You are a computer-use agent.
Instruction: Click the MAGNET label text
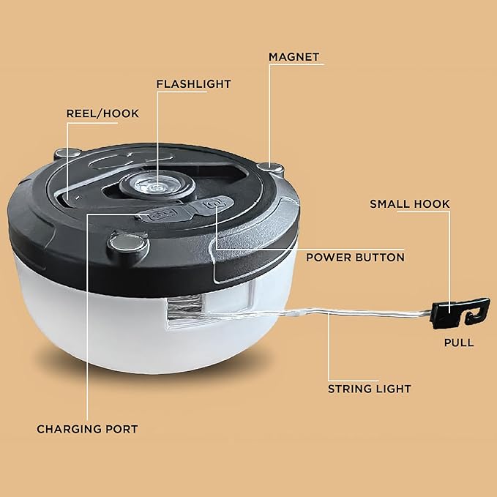294,57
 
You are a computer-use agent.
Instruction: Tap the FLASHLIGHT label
194,84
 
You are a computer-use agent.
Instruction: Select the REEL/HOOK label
102,113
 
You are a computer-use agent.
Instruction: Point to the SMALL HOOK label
410,203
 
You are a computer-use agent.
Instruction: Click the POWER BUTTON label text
355,258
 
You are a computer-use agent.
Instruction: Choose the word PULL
459,343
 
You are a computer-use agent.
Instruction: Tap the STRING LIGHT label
369,389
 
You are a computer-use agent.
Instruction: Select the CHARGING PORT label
87,429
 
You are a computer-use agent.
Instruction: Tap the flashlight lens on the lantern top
157,187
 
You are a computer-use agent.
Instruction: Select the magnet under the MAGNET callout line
270,168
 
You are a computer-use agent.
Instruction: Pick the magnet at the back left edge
67,154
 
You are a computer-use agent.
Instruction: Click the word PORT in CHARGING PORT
122,429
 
